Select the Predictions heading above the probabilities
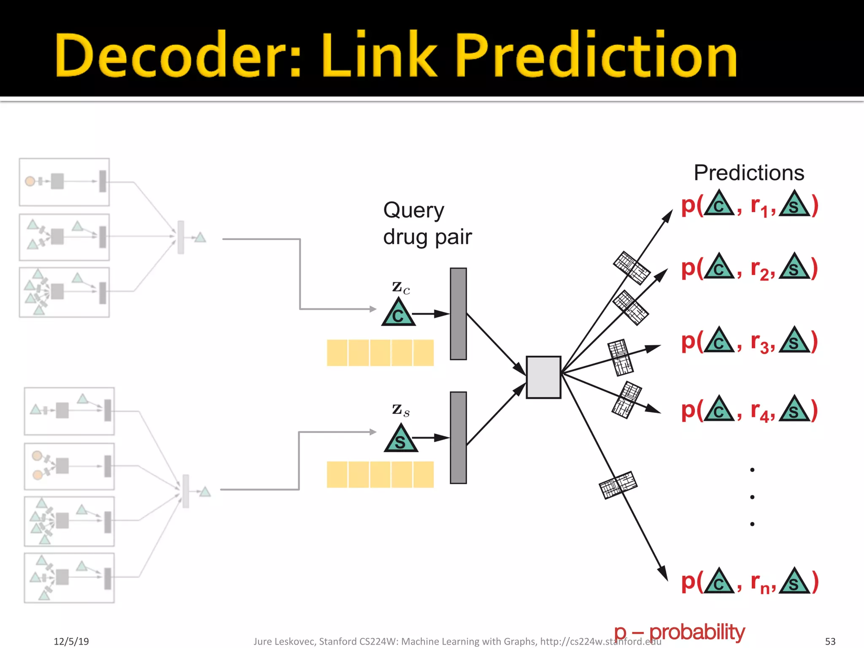(x=749, y=173)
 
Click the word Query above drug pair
(x=413, y=210)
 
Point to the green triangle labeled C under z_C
(x=398, y=313)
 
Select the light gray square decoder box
(x=543, y=377)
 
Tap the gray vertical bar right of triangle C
(x=458, y=313)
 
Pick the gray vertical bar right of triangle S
(x=458, y=437)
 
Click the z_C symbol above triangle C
(x=400, y=288)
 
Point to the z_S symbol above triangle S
(x=400, y=410)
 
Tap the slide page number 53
(x=830, y=641)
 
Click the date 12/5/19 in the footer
(x=71, y=641)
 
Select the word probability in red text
(x=697, y=632)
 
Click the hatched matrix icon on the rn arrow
(x=618, y=485)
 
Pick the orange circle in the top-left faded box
(x=30, y=181)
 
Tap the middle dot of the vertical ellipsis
(x=752, y=497)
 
